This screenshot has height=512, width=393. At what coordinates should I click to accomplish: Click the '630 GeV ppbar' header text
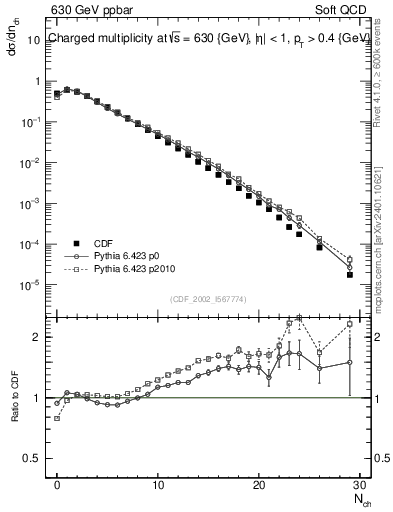pyautogui.click(x=95, y=11)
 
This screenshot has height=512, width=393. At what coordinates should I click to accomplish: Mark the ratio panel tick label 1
pyautogui.click(x=35, y=399)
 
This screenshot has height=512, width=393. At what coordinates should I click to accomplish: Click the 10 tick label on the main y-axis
pyautogui.click(x=30, y=40)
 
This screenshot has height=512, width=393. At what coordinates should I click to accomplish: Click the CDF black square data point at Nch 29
pyautogui.click(x=350, y=274)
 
